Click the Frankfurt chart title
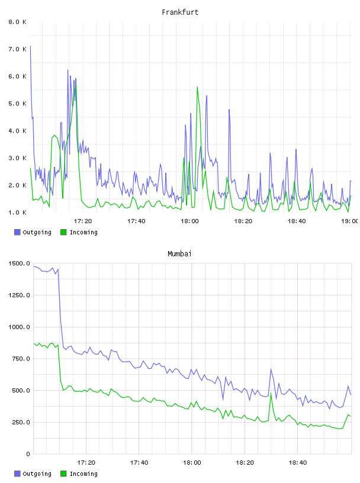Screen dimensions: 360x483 [180, 12]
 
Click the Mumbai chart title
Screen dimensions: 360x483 [179, 254]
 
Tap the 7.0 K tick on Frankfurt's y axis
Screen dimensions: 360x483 [18, 49]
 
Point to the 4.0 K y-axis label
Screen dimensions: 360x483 [18, 131]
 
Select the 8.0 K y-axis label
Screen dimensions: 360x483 [18, 22]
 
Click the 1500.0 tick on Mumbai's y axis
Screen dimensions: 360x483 [19, 263]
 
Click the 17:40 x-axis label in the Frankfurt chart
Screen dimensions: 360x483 [136, 221]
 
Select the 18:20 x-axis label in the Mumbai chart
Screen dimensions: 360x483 [245, 463]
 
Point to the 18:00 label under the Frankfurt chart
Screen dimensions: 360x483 [189, 221]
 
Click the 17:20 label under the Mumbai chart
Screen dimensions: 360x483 [86, 463]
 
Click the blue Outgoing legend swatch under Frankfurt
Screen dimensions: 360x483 [17, 232]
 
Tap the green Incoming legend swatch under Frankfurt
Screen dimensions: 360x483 [63, 232]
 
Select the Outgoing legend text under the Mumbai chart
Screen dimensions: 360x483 [37, 474]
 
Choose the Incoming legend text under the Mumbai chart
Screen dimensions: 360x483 [83, 474]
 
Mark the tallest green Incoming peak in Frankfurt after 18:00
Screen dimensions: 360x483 [197, 88]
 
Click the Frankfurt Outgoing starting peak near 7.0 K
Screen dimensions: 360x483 [31, 46]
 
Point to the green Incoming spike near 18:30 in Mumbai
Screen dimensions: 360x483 [271, 394]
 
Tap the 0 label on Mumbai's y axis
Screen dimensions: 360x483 [28, 454]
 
